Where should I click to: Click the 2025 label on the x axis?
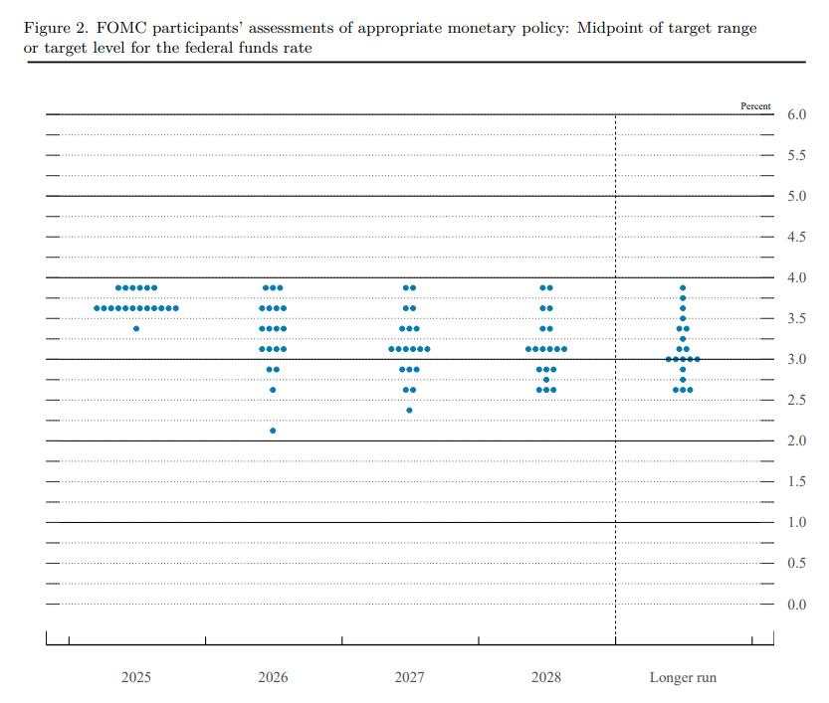click(x=136, y=677)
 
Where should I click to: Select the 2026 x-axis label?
click(x=273, y=677)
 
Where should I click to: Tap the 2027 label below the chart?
click(x=409, y=677)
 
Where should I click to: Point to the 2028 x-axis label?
click(x=545, y=677)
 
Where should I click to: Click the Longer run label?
click(x=683, y=677)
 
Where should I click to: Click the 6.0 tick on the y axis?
click(x=796, y=115)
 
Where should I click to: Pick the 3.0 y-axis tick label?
click(x=796, y=359)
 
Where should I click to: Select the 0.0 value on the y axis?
click(x=796, y=605)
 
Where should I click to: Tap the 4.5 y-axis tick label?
click(x=796, y=237)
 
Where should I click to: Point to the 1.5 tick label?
click(x=796, y=482)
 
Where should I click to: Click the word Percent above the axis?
click(x=755, y=105)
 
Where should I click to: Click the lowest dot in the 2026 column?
click(x=273, y=431)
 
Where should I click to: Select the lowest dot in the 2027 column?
click(x=409, y=410)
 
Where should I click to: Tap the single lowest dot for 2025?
click(x=136, y=328)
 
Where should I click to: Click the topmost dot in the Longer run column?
click(x=683, y=288)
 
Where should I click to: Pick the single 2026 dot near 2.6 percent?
click(x=273, y=390)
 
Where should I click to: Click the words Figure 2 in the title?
click(x=54, y=28)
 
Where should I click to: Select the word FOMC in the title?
click(x=119, y=28)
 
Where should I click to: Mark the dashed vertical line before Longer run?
click(x=615, y=398)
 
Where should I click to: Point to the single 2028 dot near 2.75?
click(x=545, y=380)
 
